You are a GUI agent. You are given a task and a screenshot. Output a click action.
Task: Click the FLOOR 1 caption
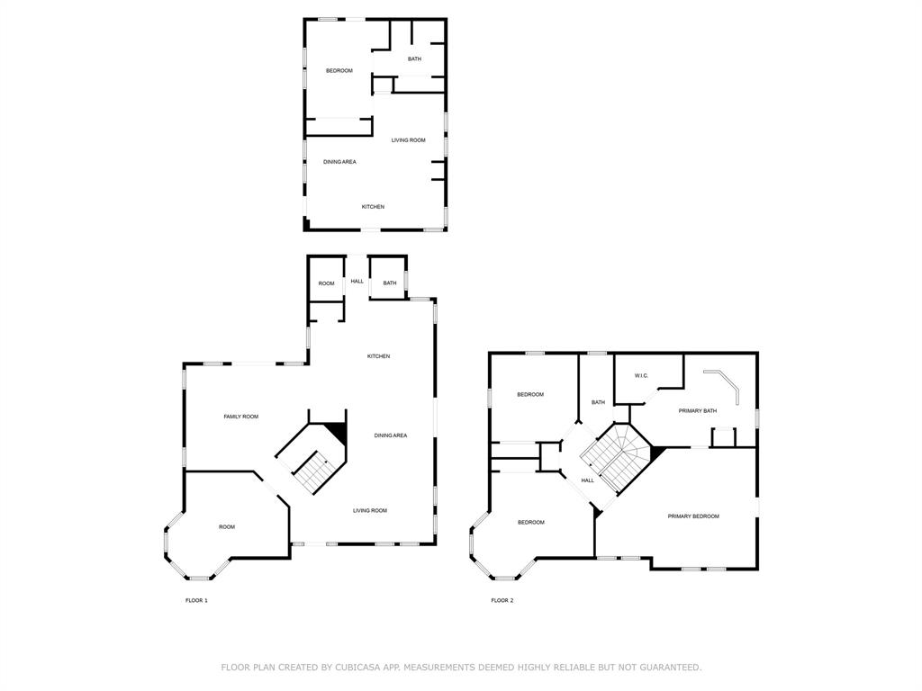[x=196, y=600]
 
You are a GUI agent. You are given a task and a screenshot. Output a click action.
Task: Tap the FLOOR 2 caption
[x=502, y=600]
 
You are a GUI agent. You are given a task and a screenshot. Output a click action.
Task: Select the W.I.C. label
[x=641, y=376]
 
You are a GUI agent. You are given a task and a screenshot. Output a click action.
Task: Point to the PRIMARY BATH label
[x=698, y=411]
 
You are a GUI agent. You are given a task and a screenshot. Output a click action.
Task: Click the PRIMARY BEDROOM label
[x=693, y=516]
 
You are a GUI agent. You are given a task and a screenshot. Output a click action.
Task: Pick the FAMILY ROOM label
[x=241, y=417]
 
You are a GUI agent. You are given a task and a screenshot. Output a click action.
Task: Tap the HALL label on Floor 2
[x=587, y=480]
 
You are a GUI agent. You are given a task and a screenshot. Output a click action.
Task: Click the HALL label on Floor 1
[x=357, y=282]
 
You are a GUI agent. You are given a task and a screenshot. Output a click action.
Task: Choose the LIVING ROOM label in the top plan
[x=408, y=140]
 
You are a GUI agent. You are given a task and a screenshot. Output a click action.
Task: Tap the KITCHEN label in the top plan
[x=373, y=207]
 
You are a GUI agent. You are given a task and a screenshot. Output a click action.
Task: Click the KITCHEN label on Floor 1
[x=378, y=356]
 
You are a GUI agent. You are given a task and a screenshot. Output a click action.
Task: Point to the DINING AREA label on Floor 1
[x=391, y=435]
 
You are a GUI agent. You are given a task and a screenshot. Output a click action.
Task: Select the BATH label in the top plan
[x=414, y=59]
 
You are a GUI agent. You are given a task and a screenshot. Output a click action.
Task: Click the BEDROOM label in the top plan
[x=339, y=70]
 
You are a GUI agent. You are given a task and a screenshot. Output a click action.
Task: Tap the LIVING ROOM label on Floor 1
[x=369, y=510]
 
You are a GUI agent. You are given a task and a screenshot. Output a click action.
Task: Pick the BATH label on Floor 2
[x=598, y=402]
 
